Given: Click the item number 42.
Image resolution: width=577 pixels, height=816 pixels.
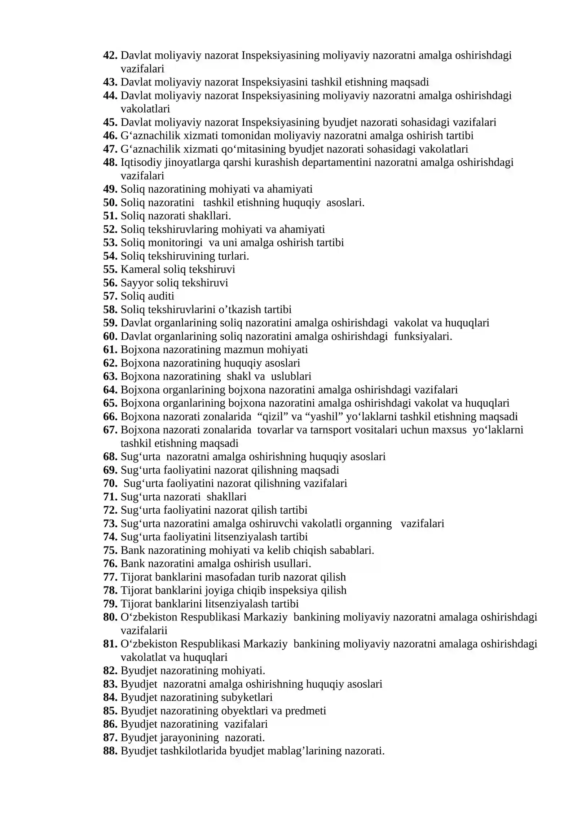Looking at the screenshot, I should (110, 55).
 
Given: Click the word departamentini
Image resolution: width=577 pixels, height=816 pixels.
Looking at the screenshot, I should (336, 162).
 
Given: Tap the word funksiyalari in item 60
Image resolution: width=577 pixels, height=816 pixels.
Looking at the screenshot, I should (423, 336).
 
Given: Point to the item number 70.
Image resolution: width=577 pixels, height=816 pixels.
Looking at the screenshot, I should (110, 483).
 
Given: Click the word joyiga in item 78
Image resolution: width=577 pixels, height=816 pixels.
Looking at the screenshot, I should (221, 590).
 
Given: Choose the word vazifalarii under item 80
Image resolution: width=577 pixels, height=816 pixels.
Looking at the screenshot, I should (144, 630).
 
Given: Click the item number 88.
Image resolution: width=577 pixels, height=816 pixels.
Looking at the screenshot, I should (110, 751).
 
